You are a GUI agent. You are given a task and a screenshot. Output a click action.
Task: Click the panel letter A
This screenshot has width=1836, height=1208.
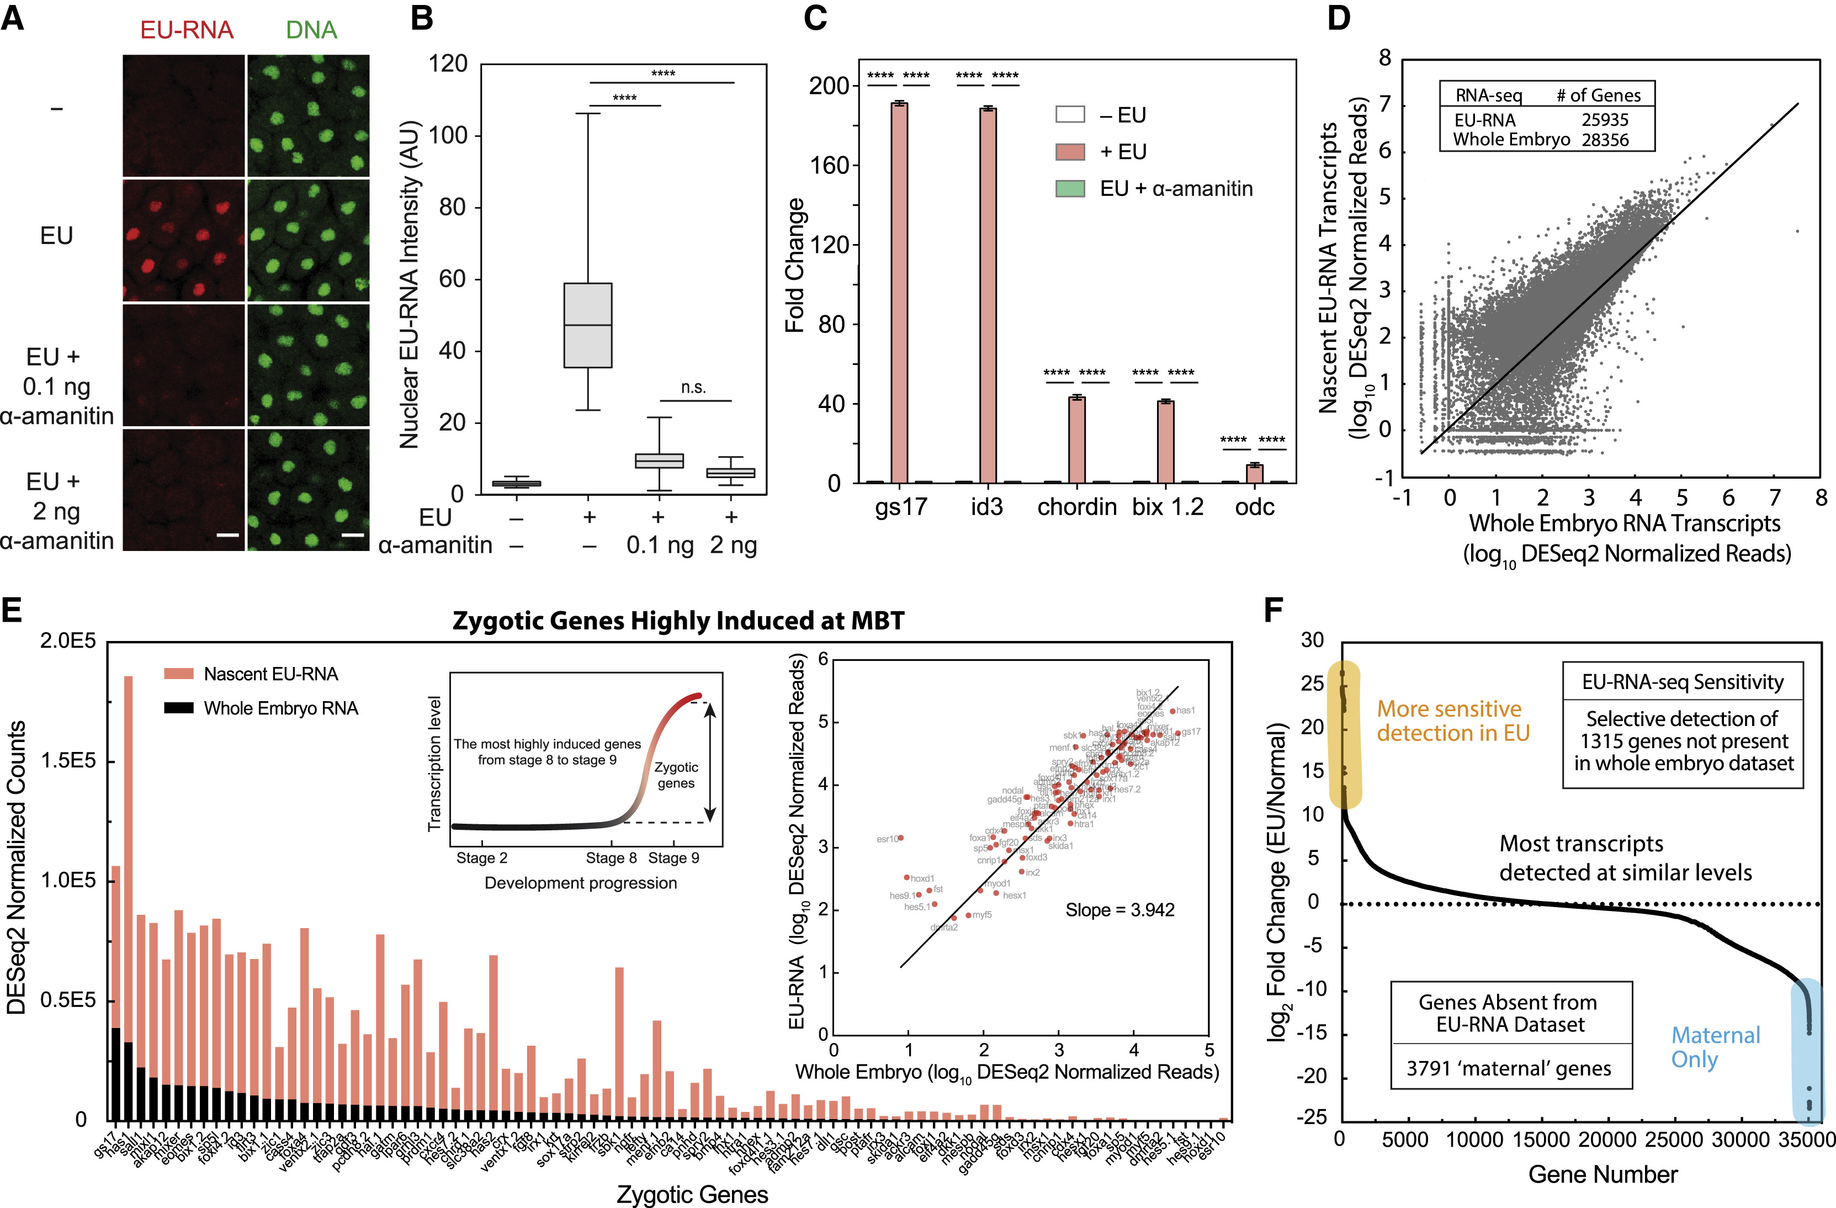[13, 17]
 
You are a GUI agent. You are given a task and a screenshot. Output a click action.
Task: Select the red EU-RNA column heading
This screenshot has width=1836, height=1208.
[187, 30]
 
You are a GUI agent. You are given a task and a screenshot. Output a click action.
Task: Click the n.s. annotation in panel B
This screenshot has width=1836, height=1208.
[693, 387]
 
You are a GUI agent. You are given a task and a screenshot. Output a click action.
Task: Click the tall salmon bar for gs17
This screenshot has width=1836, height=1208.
[899, 293]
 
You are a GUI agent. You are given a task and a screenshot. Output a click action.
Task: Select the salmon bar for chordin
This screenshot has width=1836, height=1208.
[1077, 439]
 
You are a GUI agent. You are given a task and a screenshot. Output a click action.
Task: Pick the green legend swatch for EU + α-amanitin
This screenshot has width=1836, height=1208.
[1070, 188]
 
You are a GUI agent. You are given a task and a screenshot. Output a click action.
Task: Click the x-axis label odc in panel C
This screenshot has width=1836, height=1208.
[1254, 507]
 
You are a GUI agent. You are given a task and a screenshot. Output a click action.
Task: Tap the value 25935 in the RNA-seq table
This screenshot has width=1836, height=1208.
[1605, 120]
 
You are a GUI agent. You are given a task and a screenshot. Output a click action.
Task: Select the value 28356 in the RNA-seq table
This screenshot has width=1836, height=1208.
[1605, 140]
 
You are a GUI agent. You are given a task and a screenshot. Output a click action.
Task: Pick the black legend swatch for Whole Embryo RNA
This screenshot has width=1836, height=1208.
[178, 707]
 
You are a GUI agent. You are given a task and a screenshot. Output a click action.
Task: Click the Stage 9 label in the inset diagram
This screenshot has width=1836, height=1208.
[673, 858]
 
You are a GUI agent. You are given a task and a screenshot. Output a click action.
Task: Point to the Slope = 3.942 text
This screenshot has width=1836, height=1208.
[1119, 910]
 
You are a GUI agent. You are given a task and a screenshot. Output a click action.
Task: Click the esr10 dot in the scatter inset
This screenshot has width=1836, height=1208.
[900, 838]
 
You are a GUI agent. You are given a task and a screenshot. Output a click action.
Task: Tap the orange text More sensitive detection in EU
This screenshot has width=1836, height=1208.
[1452, 720]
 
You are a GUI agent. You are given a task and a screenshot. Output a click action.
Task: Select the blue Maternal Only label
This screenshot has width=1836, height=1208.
[1715, 1047]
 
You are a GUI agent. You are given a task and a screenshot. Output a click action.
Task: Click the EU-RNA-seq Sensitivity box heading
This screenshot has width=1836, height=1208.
[1683, 682]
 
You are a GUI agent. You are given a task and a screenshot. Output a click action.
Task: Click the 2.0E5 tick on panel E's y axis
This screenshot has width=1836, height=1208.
[68, 642]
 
